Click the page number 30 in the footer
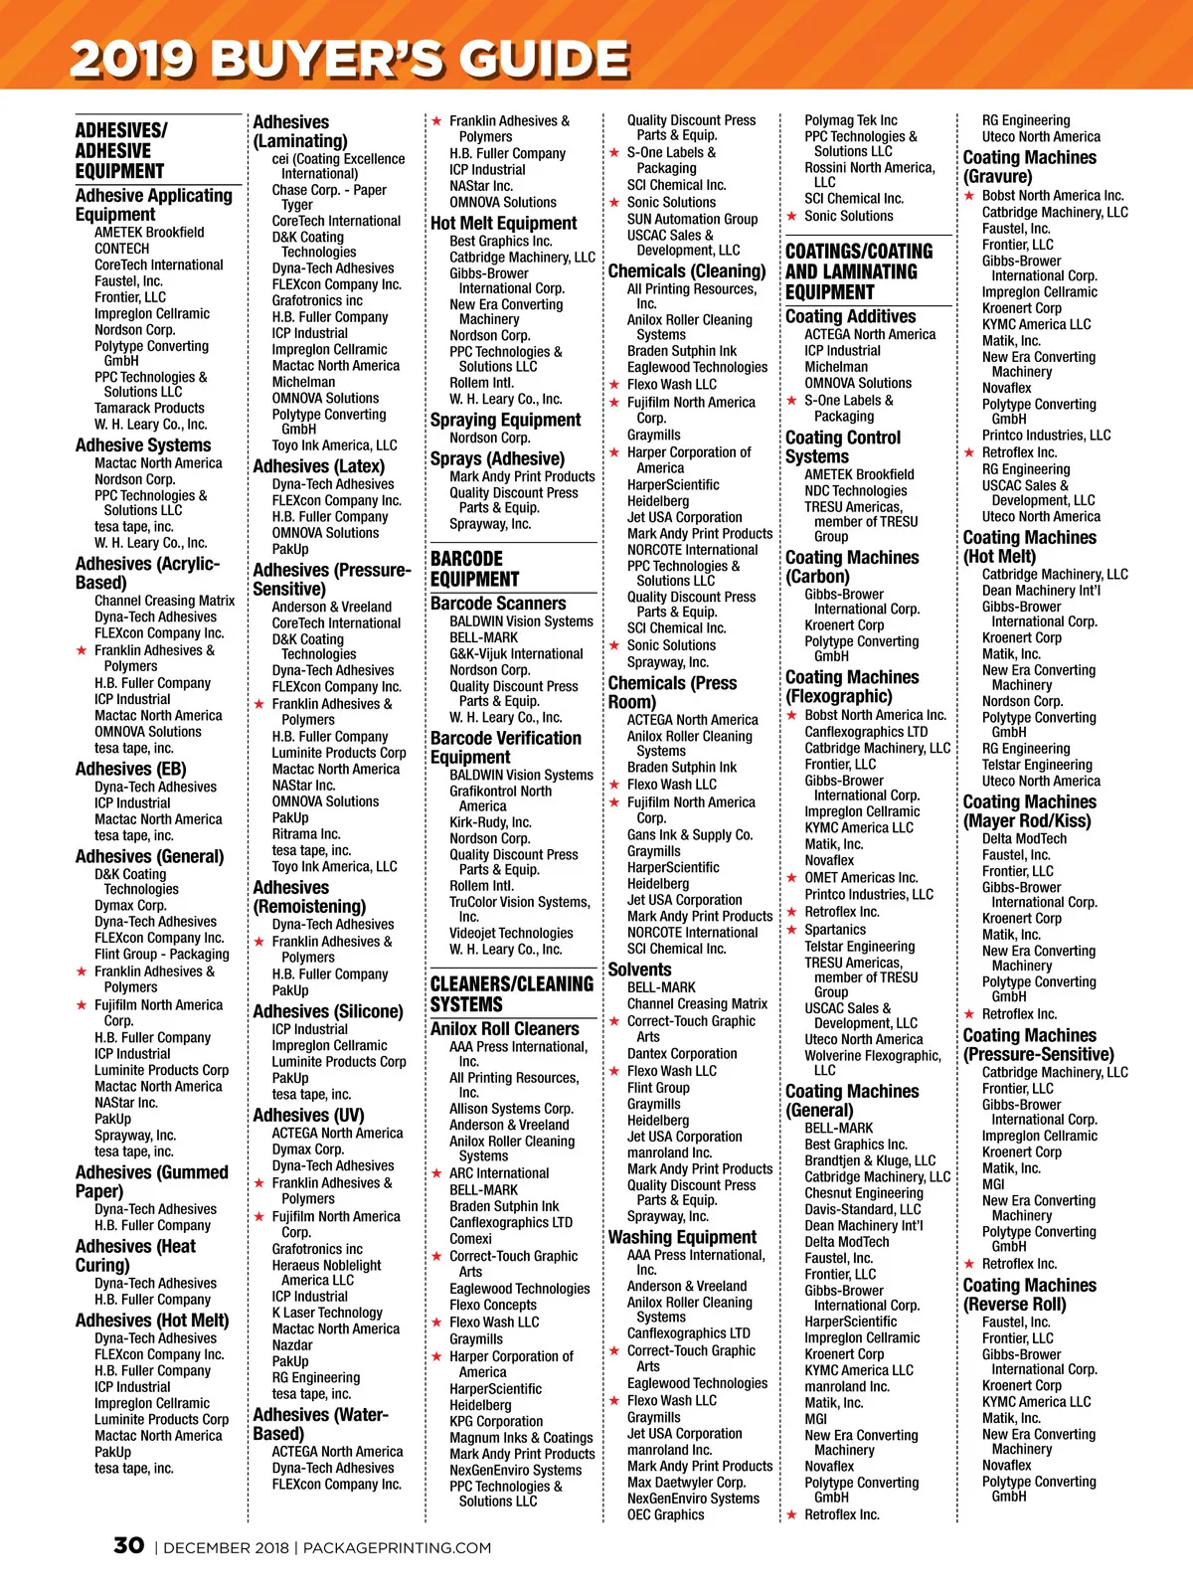[x=128, y=1545]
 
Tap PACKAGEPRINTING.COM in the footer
[x=397, y=1547]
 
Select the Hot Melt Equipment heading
[x=503, y=224]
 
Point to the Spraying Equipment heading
[x=505, y=420]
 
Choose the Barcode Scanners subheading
[x=497, y=604]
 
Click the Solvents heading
[x=639, y=970]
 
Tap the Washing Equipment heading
[x=682, y=1237]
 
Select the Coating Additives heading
[x=850, y=316]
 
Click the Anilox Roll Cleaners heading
[x=504, y=1029]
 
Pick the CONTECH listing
[x=122, y=249]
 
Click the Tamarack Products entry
[x=149, y=408]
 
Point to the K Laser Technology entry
[x=327, y=1313]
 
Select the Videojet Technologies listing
[x=511, y=933]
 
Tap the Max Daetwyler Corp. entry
[x=686, y=1482]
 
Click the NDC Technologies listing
[x=855, y=490]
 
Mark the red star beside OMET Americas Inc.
[x=792, y=878]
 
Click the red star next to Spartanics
[x=792, y=930]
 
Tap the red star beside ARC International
[x=436, y=1173]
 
